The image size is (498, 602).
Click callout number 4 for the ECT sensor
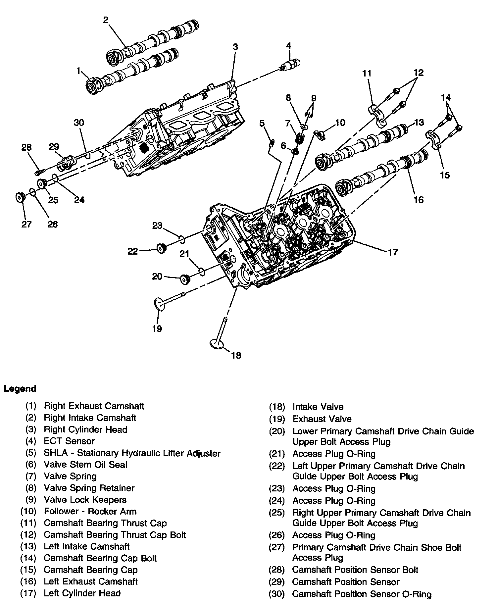pyautogui.click(x=288, y=46)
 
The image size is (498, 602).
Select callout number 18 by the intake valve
pyautogui.click(x=236, y=356)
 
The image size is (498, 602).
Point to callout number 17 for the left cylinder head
pyautogui.click(x=392, y=253)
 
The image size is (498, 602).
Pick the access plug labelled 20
pyautogui.click(x=185, y=279)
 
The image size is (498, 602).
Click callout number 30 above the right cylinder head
pyautogui.click(x=79, y=123)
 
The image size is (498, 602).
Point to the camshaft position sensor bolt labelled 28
pyautogui.click(x=39, y=173)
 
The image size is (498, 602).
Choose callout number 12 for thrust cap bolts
pyautogui.click(x=419, y=73)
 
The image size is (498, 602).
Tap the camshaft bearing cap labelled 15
pyautogui.click(x=433, y=139)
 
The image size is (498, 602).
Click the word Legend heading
pyautogui.click(x=20, y=388)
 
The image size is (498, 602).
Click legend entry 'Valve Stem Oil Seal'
pyautogui.click(x=85, y=465)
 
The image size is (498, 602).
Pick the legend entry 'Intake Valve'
pyautogui.click(x=318, y=407)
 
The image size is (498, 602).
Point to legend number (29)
pyautogui.click(x=277, y=582)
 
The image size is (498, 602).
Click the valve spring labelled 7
pyautogui.click(x=300, y=137)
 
